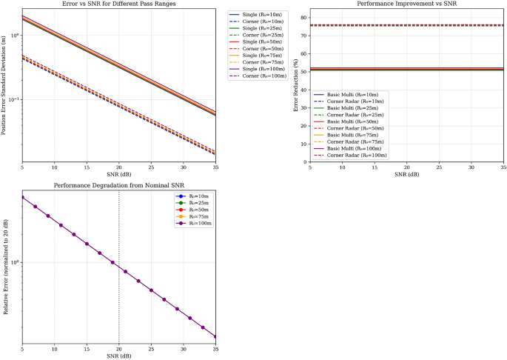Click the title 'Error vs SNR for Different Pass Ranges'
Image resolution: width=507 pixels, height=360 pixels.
click(119, 4)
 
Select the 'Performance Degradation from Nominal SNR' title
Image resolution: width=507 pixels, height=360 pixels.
click(119, 185)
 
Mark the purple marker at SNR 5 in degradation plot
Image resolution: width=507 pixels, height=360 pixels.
click(22, 197)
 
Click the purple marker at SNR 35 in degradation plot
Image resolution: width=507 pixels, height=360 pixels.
click(215, 336)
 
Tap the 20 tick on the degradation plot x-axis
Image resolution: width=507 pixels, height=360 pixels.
click(119, 348)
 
